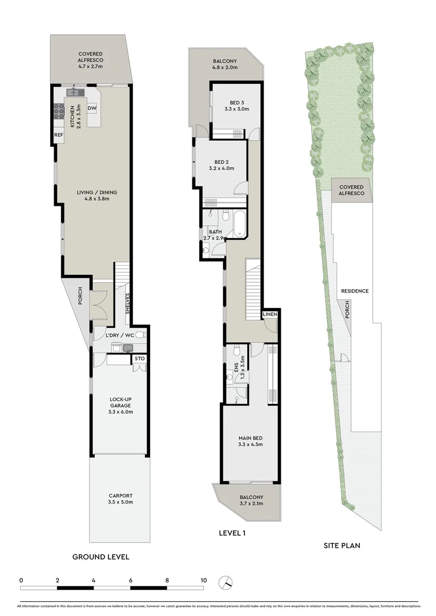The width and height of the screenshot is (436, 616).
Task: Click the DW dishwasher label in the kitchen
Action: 92,108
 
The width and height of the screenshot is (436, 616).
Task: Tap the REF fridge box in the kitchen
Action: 58,135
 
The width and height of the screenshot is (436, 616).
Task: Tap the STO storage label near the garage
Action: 139,359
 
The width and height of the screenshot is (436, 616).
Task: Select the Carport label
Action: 120,496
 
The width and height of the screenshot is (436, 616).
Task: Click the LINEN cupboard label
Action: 270,315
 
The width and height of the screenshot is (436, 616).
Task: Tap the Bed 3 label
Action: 236,103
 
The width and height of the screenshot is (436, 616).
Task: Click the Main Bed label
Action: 250,438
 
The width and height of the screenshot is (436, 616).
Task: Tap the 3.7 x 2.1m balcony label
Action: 247,503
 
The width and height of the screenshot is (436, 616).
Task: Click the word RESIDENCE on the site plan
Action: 354,291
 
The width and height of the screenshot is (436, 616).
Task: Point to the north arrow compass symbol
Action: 227,582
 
